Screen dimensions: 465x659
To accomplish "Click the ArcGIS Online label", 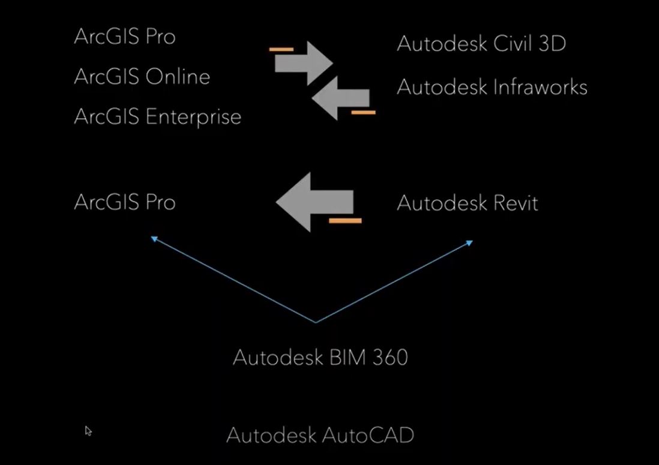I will point(142,77).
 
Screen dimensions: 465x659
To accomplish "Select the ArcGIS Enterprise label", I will point(157,116).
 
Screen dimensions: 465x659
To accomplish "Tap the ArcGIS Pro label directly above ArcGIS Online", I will point(124,37).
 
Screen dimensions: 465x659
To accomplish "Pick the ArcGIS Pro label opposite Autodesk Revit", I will point(124,202).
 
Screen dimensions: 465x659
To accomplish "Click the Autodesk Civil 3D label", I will point(481,44).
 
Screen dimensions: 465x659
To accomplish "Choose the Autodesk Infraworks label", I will point(492,88).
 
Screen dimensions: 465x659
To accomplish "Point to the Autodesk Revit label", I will point(467,203).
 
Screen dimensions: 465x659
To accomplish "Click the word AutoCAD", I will point(368,435).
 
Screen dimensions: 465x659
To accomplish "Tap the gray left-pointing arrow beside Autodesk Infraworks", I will point(340,97).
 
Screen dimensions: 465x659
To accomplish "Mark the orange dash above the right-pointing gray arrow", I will point(281,49).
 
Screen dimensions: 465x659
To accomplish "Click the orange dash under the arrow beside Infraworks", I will point(363,112).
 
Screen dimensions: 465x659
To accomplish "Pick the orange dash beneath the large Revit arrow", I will point(345,221).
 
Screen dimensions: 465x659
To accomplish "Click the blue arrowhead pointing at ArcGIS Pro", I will point(154,239).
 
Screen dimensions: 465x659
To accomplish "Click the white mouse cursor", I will point(88,430).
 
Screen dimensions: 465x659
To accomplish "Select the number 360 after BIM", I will point(390,358).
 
